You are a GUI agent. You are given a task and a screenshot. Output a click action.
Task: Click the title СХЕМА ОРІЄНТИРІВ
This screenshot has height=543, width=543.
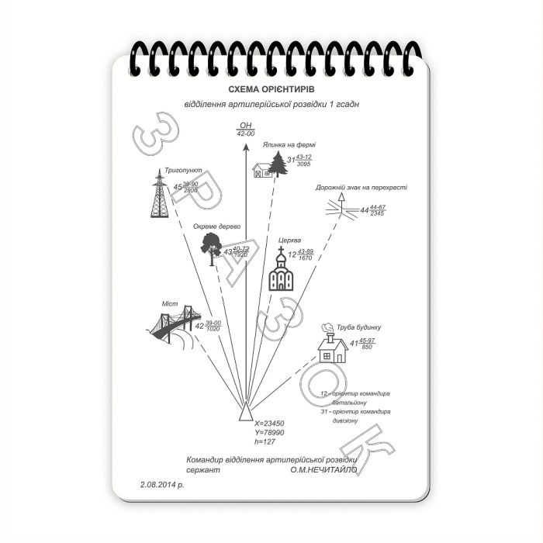[x=271, y=90]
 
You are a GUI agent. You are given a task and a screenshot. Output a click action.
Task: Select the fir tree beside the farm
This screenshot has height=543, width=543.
[x=277, y=164]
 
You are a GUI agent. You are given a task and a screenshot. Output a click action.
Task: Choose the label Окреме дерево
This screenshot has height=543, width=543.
[x=217, y=226]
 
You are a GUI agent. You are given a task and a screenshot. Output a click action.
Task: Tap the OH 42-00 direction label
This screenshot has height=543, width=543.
[x=246, y=130]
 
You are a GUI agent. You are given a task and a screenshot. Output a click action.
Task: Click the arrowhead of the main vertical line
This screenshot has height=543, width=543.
[x=246, y=145]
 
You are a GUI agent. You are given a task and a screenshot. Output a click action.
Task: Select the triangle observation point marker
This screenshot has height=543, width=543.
[x=245, y=411]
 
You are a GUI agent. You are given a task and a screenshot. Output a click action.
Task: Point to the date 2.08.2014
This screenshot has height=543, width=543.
[x=163, y=485]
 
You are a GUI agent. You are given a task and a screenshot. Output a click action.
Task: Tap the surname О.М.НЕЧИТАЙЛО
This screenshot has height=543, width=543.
[x=323, y=469]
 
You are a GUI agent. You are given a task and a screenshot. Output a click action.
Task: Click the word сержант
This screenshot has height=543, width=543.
[x=204, y=469]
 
